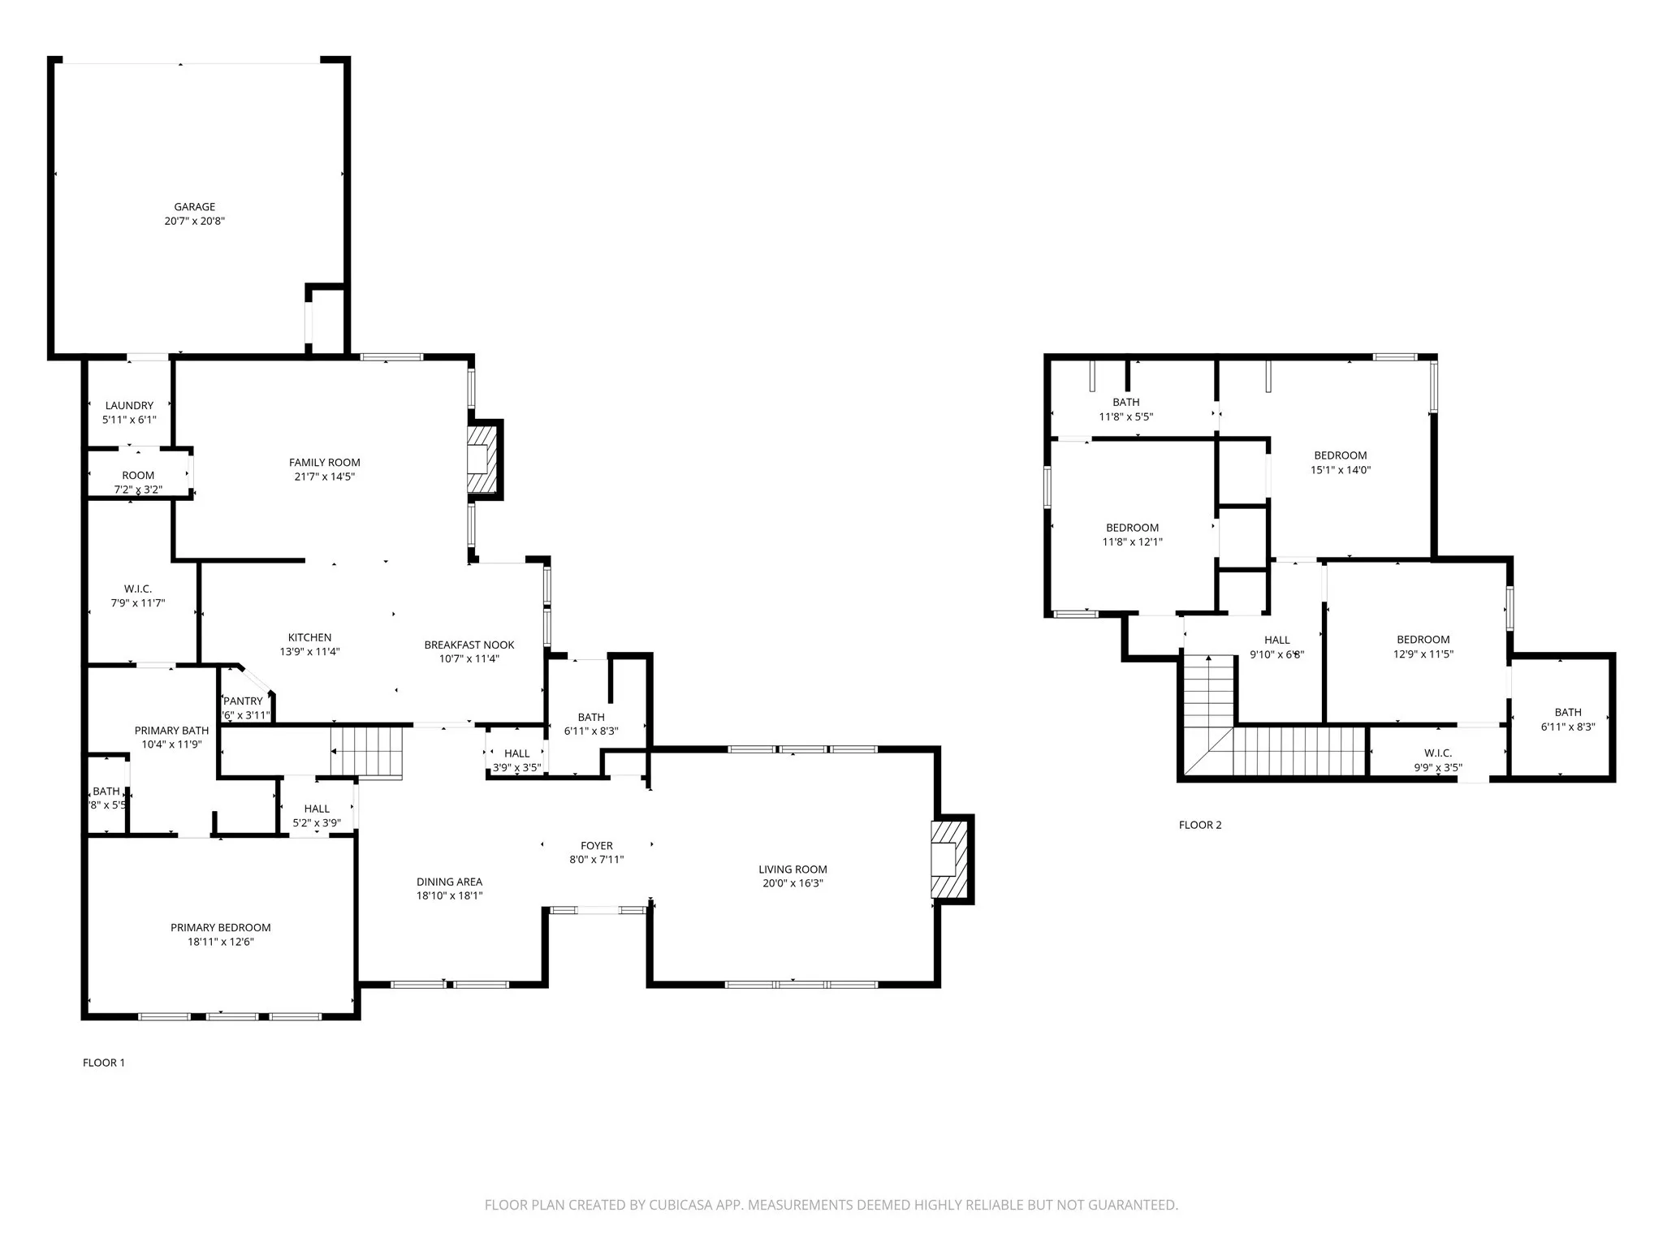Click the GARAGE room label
pyautogui.click(x=194, y=207)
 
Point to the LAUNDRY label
pyautogui.click(x=129, y=406)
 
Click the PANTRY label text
pyautogui.click(x=244, y=701)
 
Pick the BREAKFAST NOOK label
pyautogui.click(x=469, y=645)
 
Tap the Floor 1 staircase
pyautogui.click(x=367, y=751)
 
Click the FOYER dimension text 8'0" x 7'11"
pyautogui.click(x=597, y=860)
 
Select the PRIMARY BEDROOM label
pyautogui.click(x=221, y=928)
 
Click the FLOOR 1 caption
pyautogui.click(x=104, y=1063)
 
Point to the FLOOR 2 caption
pyautogui.click(x=1200, y=825)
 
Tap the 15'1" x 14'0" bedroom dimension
pyautogui.click(x=1341, y=470)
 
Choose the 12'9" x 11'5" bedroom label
pyautogui.click(x=1423, y=640)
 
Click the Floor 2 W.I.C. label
pyautogui.click(x=1438, y=753)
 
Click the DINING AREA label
pyautogui.click(x=449, y=882)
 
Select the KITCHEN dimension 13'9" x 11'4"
pyautogui.click(x=309, y=652)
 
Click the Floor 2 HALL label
pyautogui.click(x=1277, y=641)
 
